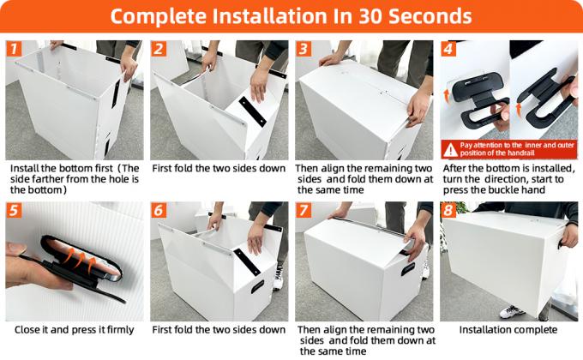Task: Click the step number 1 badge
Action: click(x=14, y=49)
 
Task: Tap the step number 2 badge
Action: click(x=159, y=49)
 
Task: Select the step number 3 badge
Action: click(x=304, y=49)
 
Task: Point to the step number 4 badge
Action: click(x=448, y=49)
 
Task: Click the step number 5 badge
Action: click(x=14, y=210)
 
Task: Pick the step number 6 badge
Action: click(x=159, y=210)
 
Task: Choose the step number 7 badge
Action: click(x=304, y=210)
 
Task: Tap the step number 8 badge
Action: click(x=448, y=210)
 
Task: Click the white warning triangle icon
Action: click(x=450, y=150)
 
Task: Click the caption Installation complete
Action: click(x=508, y=330)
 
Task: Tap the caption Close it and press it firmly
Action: click(x=74, y=330)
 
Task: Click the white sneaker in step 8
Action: click(x=512, y=312)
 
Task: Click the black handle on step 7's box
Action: click(x=408, y=269)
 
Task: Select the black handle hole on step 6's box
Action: click(x=257, y=286)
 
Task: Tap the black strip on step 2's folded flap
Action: click(x=252, y=111)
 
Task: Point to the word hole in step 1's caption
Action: click(x=117, y=179)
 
